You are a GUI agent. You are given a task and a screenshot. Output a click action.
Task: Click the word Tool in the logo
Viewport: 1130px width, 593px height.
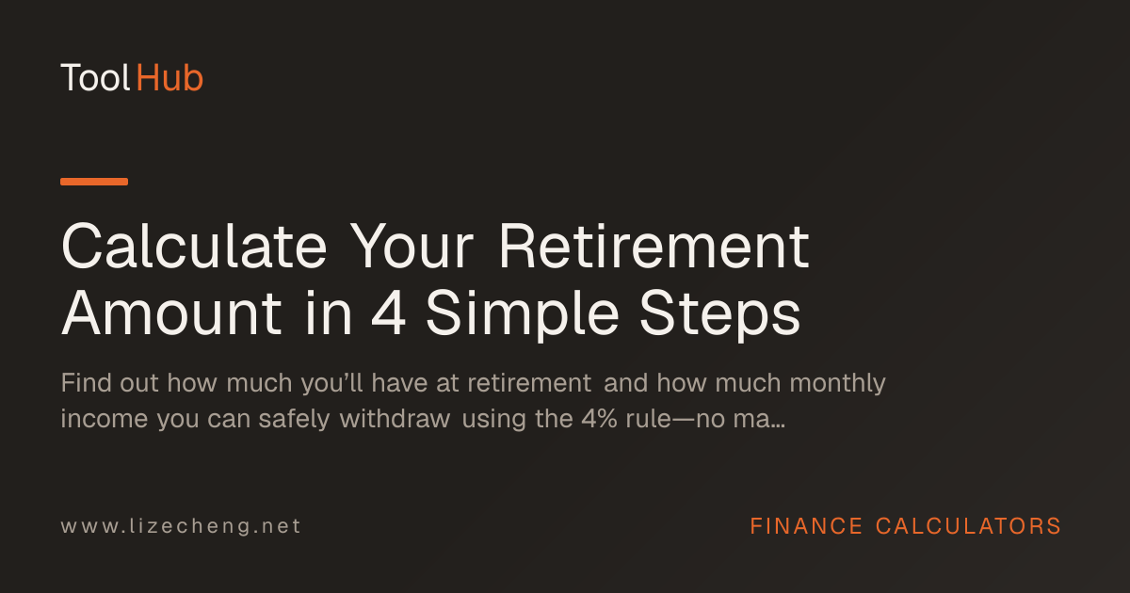tap(95, 78)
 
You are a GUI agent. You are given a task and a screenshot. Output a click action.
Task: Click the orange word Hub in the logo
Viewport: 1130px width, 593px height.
tap(169, 78)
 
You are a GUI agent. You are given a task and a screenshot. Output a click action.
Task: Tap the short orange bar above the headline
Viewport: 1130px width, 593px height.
tap(94, 182)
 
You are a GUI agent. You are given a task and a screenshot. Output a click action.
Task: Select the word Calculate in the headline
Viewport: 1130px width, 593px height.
tap(194, 247)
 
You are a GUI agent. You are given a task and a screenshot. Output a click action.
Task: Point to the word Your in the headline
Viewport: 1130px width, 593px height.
tap(412, 247)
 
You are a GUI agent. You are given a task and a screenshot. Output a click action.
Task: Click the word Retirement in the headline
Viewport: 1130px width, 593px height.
tap(654, 247)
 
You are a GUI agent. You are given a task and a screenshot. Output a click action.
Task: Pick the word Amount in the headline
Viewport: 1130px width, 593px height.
tap(171, 313)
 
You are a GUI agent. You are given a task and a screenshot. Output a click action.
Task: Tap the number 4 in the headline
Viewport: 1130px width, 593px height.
tap(388, 313)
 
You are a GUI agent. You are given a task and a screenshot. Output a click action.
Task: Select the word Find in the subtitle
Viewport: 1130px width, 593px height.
tap(87, 382)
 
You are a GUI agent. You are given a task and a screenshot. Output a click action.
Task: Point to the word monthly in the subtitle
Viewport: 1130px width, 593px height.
tap(837, 384)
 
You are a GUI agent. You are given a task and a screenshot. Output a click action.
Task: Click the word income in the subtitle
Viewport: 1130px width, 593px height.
tap(105, 419)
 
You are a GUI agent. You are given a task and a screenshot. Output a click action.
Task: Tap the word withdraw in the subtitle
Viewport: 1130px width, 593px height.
tap(395, 419)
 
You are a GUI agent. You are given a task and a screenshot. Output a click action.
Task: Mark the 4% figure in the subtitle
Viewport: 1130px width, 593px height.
tap(599, 419)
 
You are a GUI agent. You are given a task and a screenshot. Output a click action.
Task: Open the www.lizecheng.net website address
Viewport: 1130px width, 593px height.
tap(181, 526)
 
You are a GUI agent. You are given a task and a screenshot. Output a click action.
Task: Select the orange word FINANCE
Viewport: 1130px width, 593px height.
tap(806, 526)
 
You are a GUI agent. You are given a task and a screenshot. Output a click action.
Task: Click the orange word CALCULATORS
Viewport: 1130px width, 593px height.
tap(968, 526)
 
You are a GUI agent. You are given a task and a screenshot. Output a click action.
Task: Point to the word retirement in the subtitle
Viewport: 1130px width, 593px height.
tap(529, 383)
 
